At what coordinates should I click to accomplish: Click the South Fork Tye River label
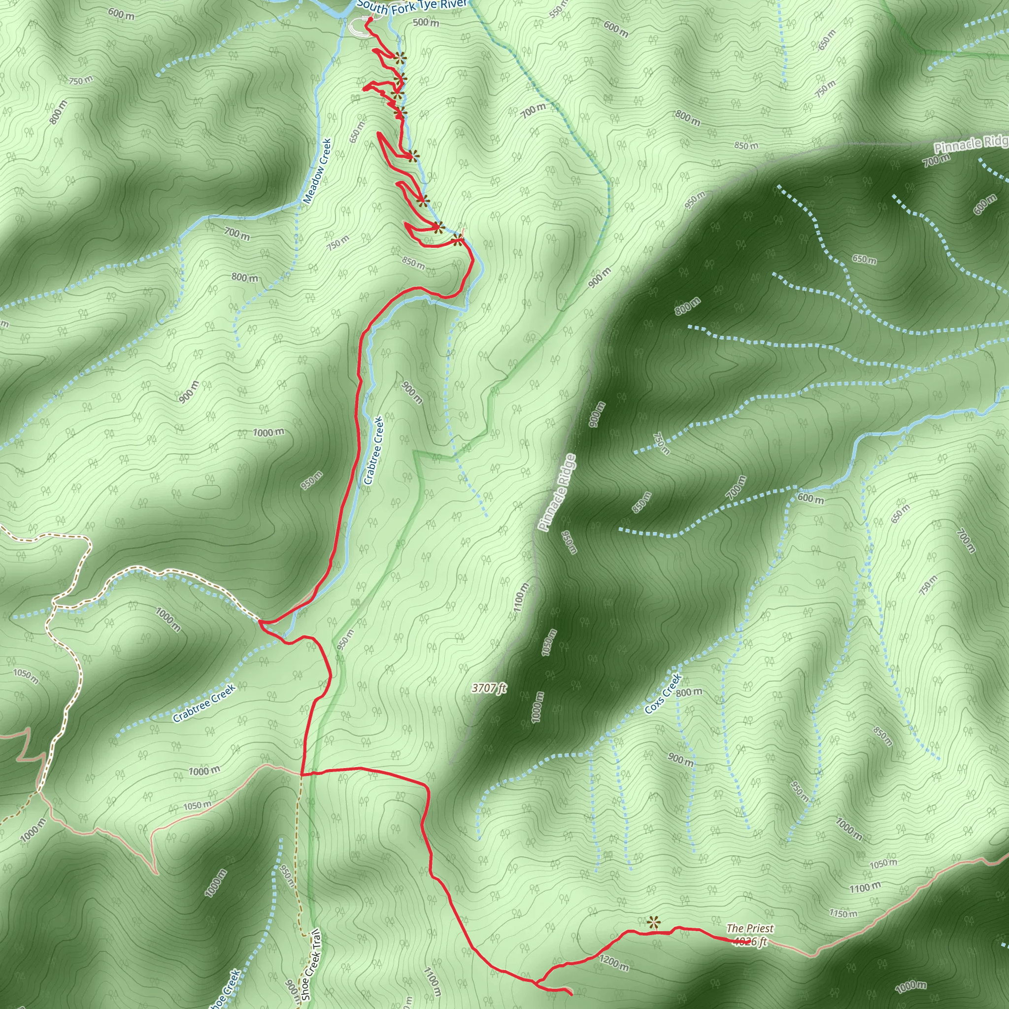tap(411, 7)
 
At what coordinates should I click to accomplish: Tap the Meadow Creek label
tap(317, 171)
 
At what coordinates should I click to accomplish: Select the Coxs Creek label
tap(663, 694)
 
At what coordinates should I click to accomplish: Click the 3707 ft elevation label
tap(489, 688)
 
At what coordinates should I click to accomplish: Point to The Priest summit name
tap(750, 928)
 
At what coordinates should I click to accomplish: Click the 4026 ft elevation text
tap(750, 942)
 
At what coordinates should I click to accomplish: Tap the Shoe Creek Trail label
tap(312, 966)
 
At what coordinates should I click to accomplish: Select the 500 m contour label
tap(426, 23)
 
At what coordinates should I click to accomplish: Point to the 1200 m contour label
tap(614, 963)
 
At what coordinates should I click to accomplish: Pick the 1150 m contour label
tap(843, 913)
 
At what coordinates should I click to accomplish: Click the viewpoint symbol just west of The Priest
tap(652, 922)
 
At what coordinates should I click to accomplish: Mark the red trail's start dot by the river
tap(370, 20)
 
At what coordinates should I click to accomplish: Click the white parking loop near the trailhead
tap(357, 27)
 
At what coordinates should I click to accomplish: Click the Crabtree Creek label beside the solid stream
tap(373, 450)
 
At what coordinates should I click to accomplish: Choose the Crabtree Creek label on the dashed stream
tap(204, 703)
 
